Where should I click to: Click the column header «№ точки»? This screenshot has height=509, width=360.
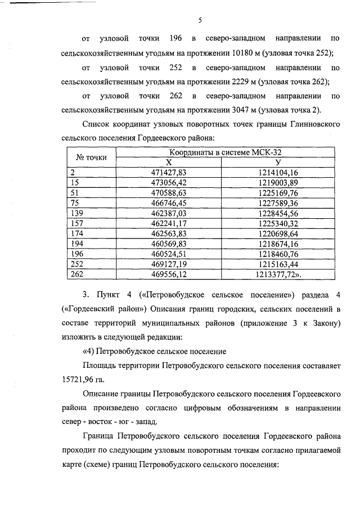(91, 157)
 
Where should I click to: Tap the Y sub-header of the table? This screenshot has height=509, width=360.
(278, 162)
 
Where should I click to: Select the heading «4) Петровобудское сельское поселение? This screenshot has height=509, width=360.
(154, 352)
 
